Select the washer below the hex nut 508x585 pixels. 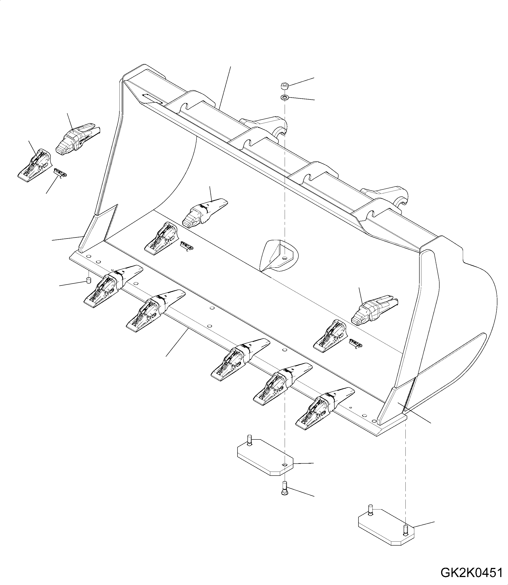[284, 97]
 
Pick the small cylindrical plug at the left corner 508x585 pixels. [88, 281]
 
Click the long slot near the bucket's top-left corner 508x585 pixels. [152, 99]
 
